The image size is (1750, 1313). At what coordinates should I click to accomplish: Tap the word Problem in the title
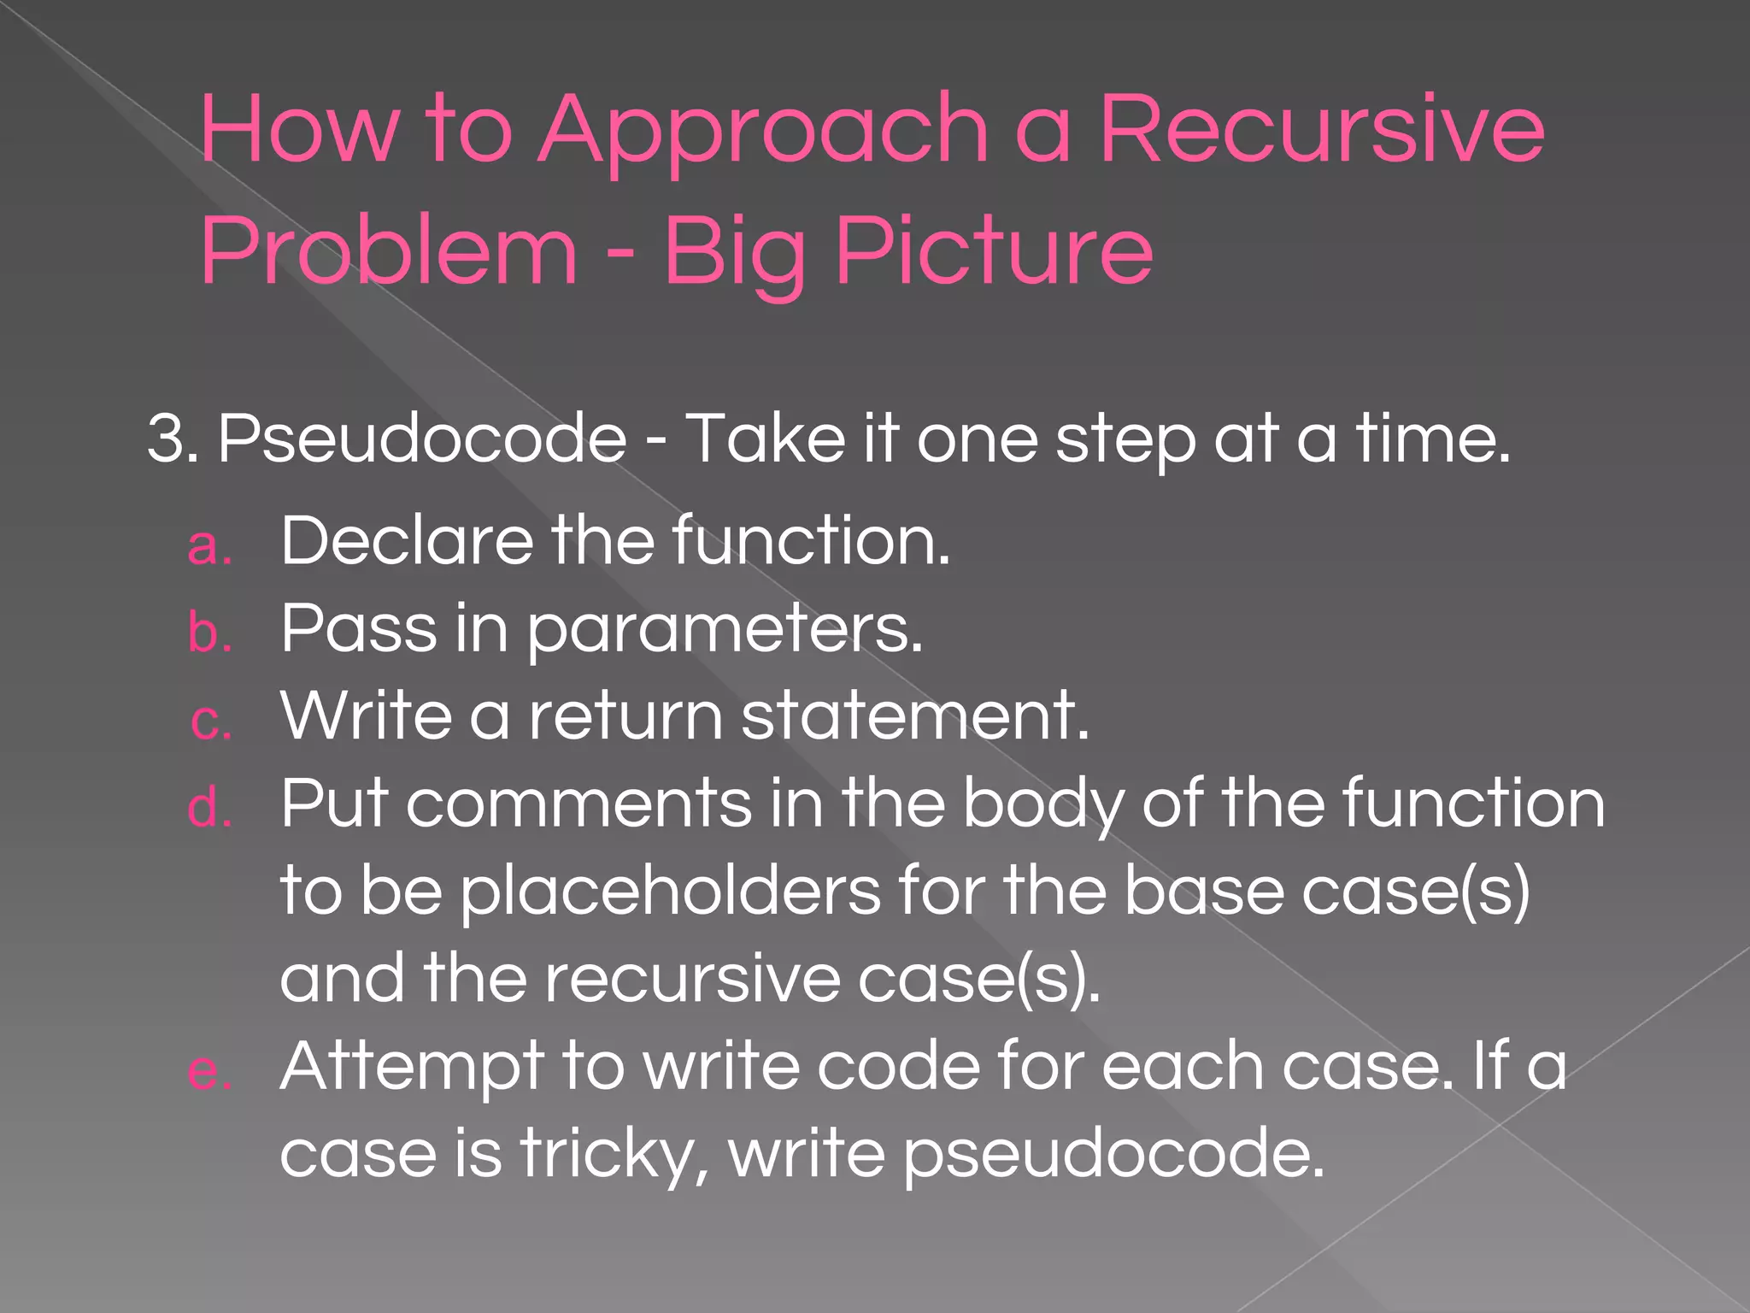(389, 251)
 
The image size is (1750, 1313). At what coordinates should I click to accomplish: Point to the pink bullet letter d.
(209, 808)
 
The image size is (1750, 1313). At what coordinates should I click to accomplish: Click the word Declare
(406, 540)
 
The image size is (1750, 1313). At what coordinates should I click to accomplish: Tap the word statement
(914, 716)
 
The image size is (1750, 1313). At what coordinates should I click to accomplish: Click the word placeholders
(671, 892)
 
